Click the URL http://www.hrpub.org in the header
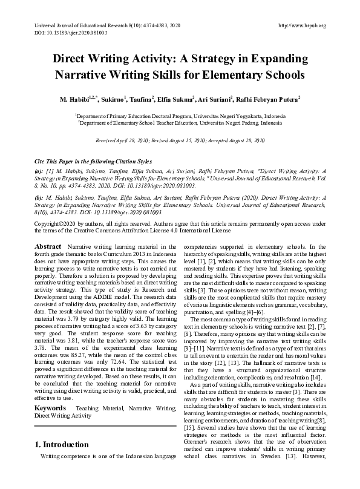tap(301, 26)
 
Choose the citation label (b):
tap(39, 197)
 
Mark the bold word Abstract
tap(48, 248)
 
